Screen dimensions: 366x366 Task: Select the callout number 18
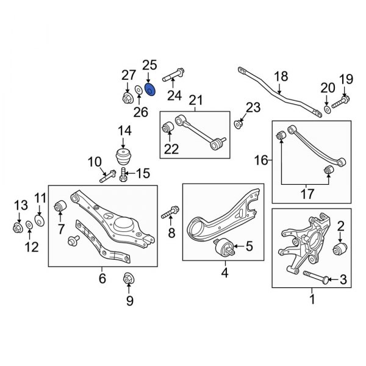coord(280,76)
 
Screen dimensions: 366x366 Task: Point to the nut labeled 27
coord(127,98)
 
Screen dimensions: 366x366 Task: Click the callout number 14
coord(124,130)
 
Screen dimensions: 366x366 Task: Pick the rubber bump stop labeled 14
coord(124,154)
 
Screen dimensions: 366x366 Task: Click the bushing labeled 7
coord(60,207)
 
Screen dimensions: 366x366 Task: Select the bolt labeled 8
coord(169,214)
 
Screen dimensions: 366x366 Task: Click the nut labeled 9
coord(129,278)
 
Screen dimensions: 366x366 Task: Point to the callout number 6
coord(102,279)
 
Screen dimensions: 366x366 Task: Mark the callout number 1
coord(312,299)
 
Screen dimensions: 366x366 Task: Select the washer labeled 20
coord(327,109)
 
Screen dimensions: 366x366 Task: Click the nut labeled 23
coord(240,124)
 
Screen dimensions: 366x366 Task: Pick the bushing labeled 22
coord(169,128)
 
